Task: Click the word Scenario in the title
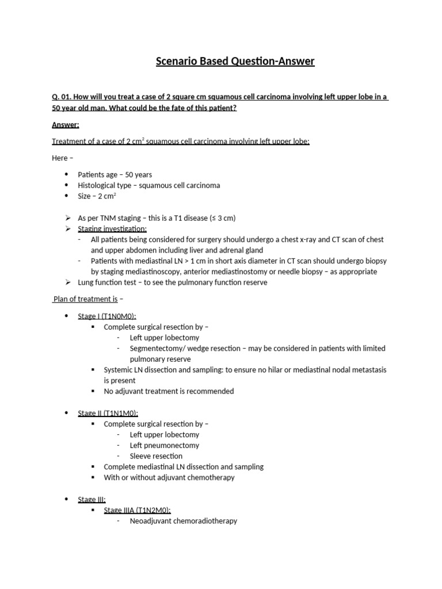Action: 176,62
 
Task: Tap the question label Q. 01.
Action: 62,97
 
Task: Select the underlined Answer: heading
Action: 66,125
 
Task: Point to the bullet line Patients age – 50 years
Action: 115,174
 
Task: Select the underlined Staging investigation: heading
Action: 112,229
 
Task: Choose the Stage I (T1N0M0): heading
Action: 107,316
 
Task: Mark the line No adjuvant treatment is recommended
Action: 169,391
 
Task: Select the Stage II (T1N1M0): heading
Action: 108,413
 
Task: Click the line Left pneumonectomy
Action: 165,445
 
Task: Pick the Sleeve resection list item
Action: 156,456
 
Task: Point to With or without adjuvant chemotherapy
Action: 169,477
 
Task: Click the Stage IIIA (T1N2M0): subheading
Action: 137,510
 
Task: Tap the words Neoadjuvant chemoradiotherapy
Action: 184,521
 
